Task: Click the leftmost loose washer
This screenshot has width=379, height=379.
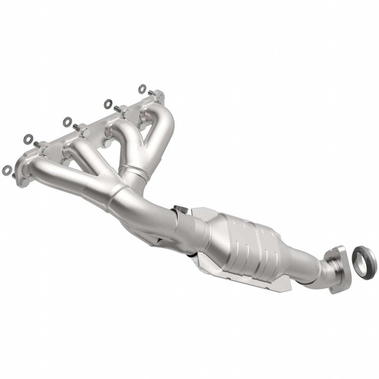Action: coord(7,170)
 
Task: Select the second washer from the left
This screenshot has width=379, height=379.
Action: coord(28,139)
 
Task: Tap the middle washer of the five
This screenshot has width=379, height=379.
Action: coord(67,121)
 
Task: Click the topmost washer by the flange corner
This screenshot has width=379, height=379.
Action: coord(142,88)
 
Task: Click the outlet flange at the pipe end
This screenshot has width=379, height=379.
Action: coord(337,269)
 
